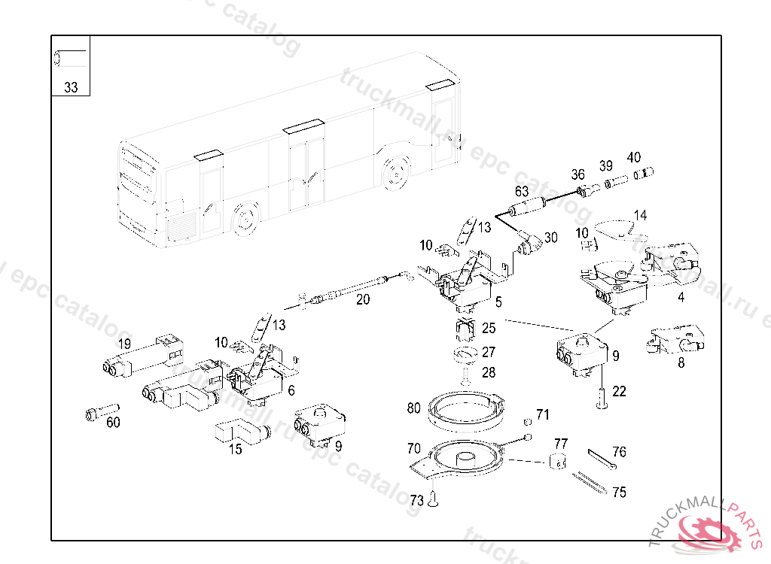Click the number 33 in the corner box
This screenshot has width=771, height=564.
pos(71,87)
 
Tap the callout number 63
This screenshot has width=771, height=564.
pos(521,192)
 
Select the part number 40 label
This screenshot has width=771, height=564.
pos(634,157)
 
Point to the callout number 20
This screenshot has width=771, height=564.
pos(363,299)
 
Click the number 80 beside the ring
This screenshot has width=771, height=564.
pos(413,408)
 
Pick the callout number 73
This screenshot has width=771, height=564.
pos(416,500)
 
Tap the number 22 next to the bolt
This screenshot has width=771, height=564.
pos(619,391)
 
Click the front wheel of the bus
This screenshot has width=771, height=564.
pos(243,218)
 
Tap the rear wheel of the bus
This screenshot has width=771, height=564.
pos(394,172)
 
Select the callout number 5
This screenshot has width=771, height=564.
pos(498,302)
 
